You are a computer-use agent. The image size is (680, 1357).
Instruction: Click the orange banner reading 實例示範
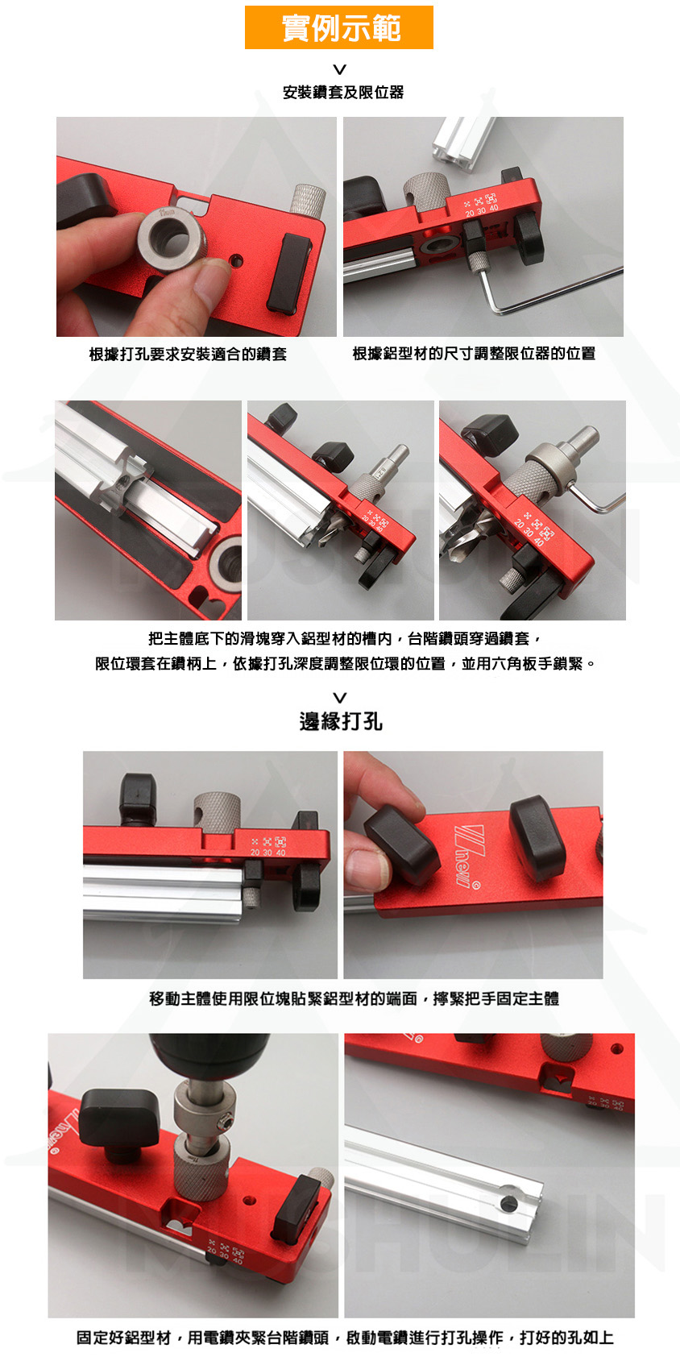click(339, 27)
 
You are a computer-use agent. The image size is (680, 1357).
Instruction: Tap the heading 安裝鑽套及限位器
click(342, 92)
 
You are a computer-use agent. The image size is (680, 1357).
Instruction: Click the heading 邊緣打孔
click(340, 721)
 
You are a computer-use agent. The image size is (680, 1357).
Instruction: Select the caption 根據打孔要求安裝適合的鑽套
click(188, 354)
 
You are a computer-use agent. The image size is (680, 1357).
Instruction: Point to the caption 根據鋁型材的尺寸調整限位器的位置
click(474, 353)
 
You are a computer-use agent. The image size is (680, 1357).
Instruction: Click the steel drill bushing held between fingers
click(172, 235)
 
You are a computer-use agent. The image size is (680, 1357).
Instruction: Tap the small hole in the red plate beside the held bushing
click(237, 262)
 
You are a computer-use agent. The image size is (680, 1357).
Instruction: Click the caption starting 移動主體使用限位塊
click(354, 998)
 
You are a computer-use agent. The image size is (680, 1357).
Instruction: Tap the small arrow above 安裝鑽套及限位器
click(340, 69)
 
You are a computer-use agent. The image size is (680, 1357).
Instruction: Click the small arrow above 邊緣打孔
click(340, 697)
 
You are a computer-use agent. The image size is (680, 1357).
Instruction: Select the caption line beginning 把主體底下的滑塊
click(344, 638)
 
